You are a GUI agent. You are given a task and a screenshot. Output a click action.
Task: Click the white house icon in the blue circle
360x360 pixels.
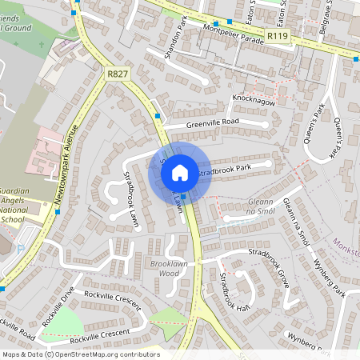pyautogui.click(x=180, y=172)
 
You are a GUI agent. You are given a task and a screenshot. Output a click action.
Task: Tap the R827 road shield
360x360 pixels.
pyautogui.click(x=117, y=73)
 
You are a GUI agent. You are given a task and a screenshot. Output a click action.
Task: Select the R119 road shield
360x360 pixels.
pyautogui.click(x=278, y=36)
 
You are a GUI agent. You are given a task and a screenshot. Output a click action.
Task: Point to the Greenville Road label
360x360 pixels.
pyautogui.click(x=213, y=122)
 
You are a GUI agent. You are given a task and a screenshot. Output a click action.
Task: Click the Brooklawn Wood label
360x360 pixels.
pyautogui.click(x=164, y=268)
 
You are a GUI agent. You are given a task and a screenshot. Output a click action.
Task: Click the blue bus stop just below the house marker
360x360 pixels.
pyautogui.click(x=184, y=197)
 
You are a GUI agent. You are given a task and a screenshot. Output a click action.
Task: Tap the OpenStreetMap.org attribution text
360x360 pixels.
pyautogui.click(x=116, y=354)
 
